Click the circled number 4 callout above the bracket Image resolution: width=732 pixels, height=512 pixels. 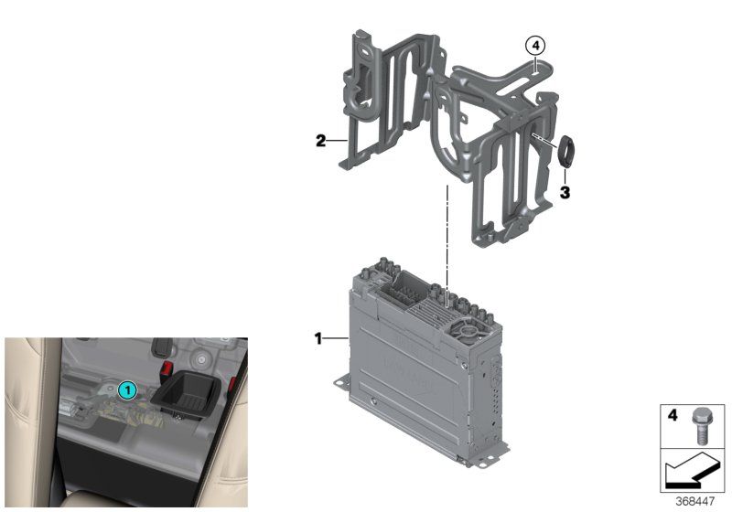[x=534, y=44]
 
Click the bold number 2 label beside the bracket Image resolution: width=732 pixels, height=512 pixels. [x=320, y=141]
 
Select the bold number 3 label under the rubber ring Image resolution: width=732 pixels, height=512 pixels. [x=565, y=193]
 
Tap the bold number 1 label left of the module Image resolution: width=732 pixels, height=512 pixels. [x=318, y=338]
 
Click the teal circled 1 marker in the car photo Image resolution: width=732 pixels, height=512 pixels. [x=129, y=390]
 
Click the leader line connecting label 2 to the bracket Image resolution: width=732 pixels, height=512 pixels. [x=338, y=141]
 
